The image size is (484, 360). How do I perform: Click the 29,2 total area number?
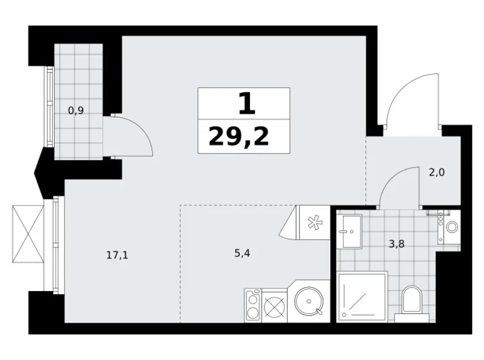tap(239, 137)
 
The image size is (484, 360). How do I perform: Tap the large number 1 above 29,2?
tap(247, 104)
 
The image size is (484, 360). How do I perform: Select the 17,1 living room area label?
tap(117, 255)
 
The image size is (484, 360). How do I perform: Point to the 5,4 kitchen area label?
tap(242, 253)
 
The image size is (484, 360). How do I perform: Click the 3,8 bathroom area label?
tap(397, 244)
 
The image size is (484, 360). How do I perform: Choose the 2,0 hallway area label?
tap(437, 173)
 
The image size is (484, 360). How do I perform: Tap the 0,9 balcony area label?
tap(76, 110)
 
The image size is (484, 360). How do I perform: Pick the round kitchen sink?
tap(308, 300)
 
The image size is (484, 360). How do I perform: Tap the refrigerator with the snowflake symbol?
tap(313, 223)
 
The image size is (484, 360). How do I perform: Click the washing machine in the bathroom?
tap(449, 227)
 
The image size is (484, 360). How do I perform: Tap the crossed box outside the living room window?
tap(28, 234)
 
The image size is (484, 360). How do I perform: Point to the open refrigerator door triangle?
tap(289, 222)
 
